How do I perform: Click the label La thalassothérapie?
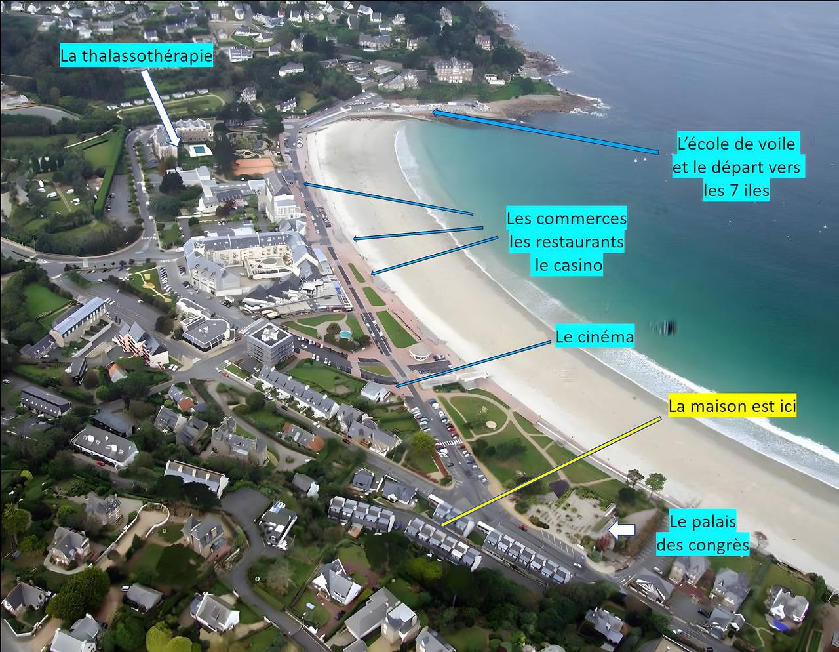click(136, 56)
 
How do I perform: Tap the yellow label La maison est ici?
click(732, 406)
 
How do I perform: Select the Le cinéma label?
click(595, 337)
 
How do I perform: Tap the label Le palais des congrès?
click(703, 534)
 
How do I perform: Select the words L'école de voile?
click(736, 144)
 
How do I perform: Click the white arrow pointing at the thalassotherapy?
click(160, 108)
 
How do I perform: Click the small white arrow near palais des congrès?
click(621, 531)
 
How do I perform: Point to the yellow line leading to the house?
click(551, 471)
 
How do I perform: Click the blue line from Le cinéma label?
click(473, 364)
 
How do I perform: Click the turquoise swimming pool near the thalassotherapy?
click(199, 149)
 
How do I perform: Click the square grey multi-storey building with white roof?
click(269, 344)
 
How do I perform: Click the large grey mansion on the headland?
click(454, 70)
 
